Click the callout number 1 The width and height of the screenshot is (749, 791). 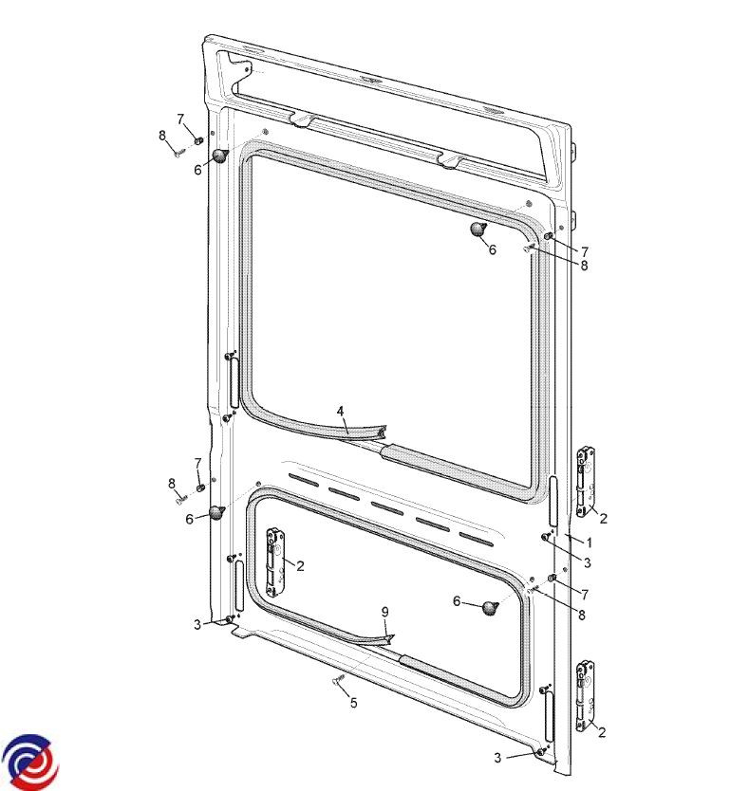click(x=589, y=543)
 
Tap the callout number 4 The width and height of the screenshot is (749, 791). click(x=341, y=412)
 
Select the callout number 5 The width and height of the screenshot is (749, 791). click(x=353, y=703)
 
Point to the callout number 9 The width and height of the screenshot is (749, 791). click(x=384, y=612)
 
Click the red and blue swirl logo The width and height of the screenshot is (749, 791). click(x=30, y=762)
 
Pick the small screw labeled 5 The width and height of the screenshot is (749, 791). click(x=338, y=679)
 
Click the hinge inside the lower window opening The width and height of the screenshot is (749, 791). click(x=275, y=562)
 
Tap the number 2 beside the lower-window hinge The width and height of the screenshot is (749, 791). click(x=301, y=566)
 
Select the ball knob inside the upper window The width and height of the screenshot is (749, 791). click(x=477, y=229)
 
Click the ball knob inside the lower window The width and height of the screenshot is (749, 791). click(x=490, y=608)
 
